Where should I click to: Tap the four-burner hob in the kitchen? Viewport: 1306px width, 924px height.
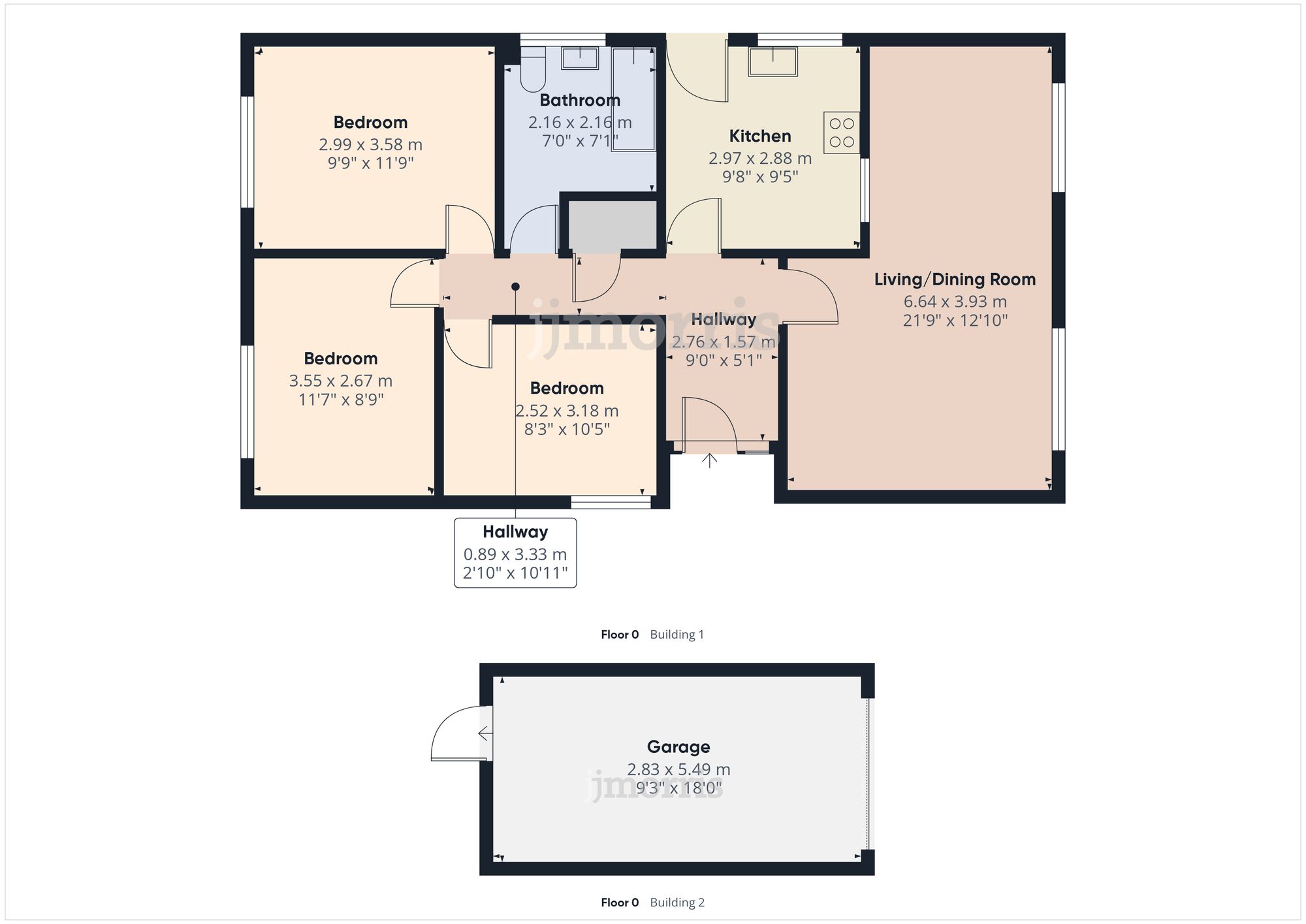point(842,133)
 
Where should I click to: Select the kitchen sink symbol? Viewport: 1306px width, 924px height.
point(772,61)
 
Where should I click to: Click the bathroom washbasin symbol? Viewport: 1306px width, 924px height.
point(580,58)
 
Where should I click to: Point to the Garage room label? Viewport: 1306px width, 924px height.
point(678,746)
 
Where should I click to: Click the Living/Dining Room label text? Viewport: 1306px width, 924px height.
point(955,279)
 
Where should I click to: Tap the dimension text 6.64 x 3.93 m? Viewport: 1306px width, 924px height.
point(955,302)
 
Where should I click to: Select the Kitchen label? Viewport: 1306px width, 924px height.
point(760,136)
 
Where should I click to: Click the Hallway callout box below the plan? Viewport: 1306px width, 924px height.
point(515,552)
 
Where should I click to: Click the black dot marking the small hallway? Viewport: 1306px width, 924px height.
point(515,287)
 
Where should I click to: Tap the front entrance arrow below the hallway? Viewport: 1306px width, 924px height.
point(710,460)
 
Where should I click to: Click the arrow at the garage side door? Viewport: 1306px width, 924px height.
point(485,733)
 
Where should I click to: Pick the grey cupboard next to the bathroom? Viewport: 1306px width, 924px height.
point(612,225)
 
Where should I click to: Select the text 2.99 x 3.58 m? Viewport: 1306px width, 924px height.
point(370,144)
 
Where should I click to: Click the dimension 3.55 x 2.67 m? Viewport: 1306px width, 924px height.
point(340,381)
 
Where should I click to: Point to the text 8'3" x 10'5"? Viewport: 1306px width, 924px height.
point(567,429)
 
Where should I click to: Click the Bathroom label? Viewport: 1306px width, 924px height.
point(580,101)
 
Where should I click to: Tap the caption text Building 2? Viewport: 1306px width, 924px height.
point(677,902)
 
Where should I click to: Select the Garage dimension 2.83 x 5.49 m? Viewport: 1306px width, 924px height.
point(678,769)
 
